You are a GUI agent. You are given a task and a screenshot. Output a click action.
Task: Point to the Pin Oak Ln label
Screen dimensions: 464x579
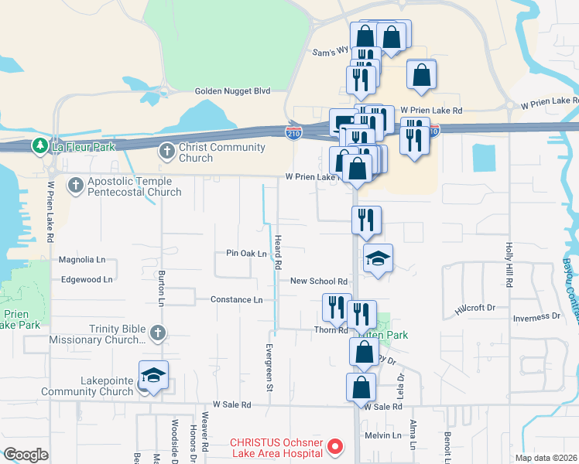246,254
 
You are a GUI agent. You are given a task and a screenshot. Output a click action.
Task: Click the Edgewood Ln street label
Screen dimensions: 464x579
87,279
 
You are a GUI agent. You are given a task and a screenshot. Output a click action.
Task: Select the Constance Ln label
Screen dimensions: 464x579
237,299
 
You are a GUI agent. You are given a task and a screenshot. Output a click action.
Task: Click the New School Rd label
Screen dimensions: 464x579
318,282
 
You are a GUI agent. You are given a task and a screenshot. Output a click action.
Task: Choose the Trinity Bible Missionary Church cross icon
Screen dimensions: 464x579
156,333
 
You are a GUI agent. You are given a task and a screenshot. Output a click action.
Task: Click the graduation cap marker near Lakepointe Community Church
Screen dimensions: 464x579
153,376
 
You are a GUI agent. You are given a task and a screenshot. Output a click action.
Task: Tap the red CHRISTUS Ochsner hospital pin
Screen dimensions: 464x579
335,445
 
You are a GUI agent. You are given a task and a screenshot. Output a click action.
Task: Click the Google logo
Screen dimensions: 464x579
26,455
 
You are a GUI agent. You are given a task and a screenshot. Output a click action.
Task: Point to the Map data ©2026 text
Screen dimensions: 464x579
546,458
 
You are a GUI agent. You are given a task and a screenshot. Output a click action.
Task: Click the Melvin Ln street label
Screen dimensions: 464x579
385,435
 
